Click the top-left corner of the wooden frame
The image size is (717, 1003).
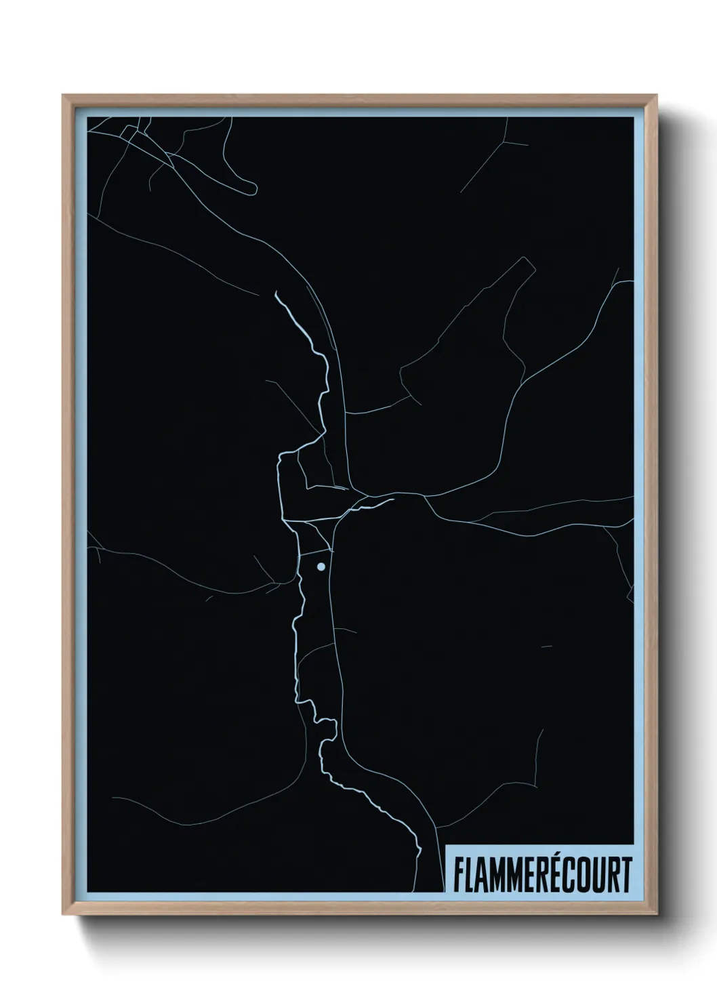63,96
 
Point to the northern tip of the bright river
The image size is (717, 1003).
276,293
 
